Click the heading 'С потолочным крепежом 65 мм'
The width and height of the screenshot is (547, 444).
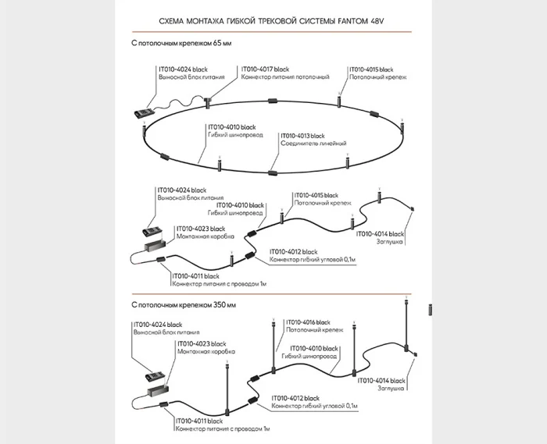coord(181,45)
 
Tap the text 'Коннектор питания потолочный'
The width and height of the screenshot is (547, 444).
coord(285,77)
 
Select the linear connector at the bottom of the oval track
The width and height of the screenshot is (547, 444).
coord(273,172)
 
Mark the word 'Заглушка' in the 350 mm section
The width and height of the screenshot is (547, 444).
coord(391,388)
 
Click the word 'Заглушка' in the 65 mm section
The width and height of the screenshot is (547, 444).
coord(391,242)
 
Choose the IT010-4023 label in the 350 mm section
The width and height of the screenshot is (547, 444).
coord(202,343)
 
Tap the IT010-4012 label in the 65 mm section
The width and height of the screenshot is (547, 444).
coord(294,251)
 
